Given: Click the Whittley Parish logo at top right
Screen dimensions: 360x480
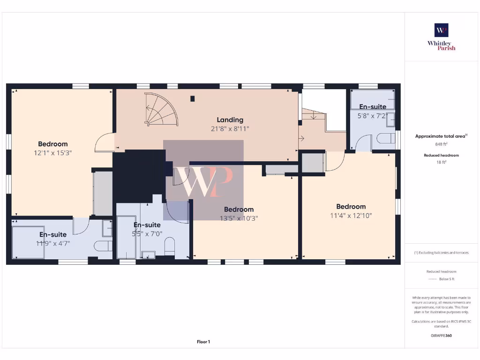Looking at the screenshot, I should click(441, 37).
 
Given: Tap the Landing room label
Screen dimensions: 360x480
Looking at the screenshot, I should click(230, 120).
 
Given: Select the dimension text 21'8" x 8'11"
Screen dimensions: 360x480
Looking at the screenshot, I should click(230, 128).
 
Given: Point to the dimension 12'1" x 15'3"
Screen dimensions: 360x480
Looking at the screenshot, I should click(53, 152).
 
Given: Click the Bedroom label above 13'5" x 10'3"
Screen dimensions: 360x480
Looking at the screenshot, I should click(239, 210).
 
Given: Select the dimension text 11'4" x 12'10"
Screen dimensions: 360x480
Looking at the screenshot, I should click(351, 215).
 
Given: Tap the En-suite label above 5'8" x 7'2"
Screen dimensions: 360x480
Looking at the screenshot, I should click(373, 106).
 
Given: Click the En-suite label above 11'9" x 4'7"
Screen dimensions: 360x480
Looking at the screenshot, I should click(53, 234).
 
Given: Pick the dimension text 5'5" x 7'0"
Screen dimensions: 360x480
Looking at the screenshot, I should click(148, 233).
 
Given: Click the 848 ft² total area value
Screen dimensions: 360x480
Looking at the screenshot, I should click(441, 144).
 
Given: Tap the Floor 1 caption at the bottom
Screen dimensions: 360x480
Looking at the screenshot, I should click(203, 342).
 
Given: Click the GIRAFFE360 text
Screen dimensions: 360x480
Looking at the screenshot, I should click(441, 336).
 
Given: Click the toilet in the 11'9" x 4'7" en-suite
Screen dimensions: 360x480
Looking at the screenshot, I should click(103, 247).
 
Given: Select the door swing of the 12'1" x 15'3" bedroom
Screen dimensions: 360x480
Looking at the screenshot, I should click(104, 143).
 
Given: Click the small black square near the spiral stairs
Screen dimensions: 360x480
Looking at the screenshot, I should click(192, 98).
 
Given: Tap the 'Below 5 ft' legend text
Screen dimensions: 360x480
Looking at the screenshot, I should click(447, 279).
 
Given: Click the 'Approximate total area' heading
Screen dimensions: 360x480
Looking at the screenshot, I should click(441, 136).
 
